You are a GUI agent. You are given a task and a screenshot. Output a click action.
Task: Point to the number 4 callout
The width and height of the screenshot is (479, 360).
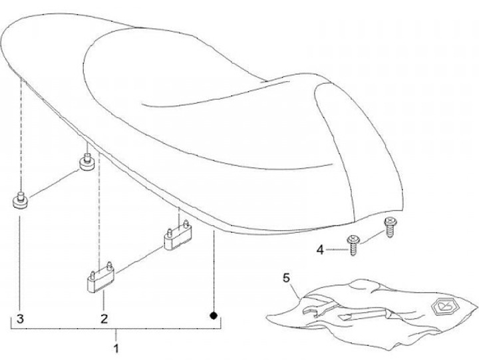point(320,250)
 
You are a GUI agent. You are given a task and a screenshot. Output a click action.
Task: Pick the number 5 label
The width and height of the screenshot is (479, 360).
point(287,276)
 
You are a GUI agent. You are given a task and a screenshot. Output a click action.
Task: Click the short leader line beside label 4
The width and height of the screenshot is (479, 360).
point(335,250)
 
